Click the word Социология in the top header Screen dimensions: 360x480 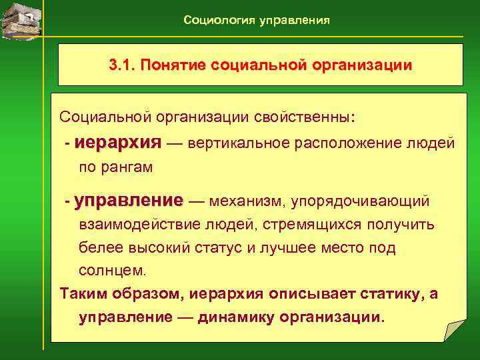coord(213,21)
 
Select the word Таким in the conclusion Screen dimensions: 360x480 coord(81,294)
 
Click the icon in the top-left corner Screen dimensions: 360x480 coord(21,20)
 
